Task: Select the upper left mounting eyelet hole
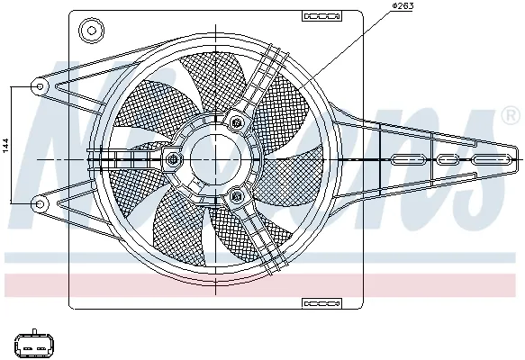click(40, 86)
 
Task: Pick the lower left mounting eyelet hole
click(40, 204)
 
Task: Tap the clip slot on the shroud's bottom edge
click(317, 302)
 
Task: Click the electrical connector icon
click(32, 344)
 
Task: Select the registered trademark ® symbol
click(510, 115)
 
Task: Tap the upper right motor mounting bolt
click(237, 121)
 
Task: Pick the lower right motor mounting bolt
click(237, 196)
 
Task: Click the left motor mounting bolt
click(171, 160)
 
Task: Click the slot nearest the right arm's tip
click(491, 160)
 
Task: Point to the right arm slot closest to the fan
click(407, 160)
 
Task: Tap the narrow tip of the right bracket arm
click(516, 159)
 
